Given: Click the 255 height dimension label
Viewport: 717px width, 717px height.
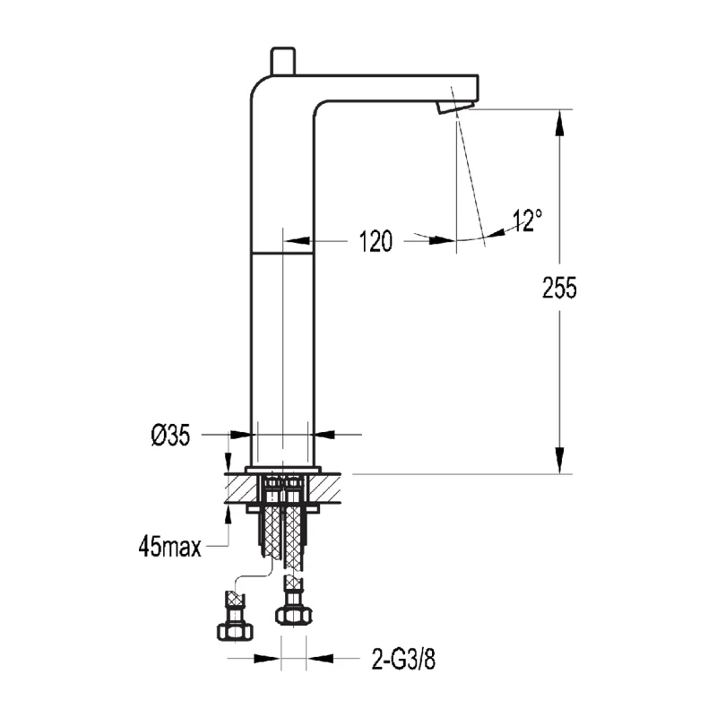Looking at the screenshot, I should pos(560,288).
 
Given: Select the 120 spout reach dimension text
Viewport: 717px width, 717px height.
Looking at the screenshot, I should pos(376,240).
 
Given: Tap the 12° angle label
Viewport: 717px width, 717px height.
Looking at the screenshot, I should pos(528,220).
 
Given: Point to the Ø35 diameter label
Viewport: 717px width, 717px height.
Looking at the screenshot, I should pos(170,436).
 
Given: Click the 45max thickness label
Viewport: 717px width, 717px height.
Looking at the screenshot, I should pos(169,545).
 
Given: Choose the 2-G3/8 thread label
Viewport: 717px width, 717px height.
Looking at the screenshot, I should pos(403,661).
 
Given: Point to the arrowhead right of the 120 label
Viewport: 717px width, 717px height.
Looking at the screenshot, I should pos(444,240).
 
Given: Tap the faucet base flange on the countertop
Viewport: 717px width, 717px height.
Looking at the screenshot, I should pos(283,469).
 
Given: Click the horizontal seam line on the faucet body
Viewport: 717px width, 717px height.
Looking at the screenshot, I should pos(283,253).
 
